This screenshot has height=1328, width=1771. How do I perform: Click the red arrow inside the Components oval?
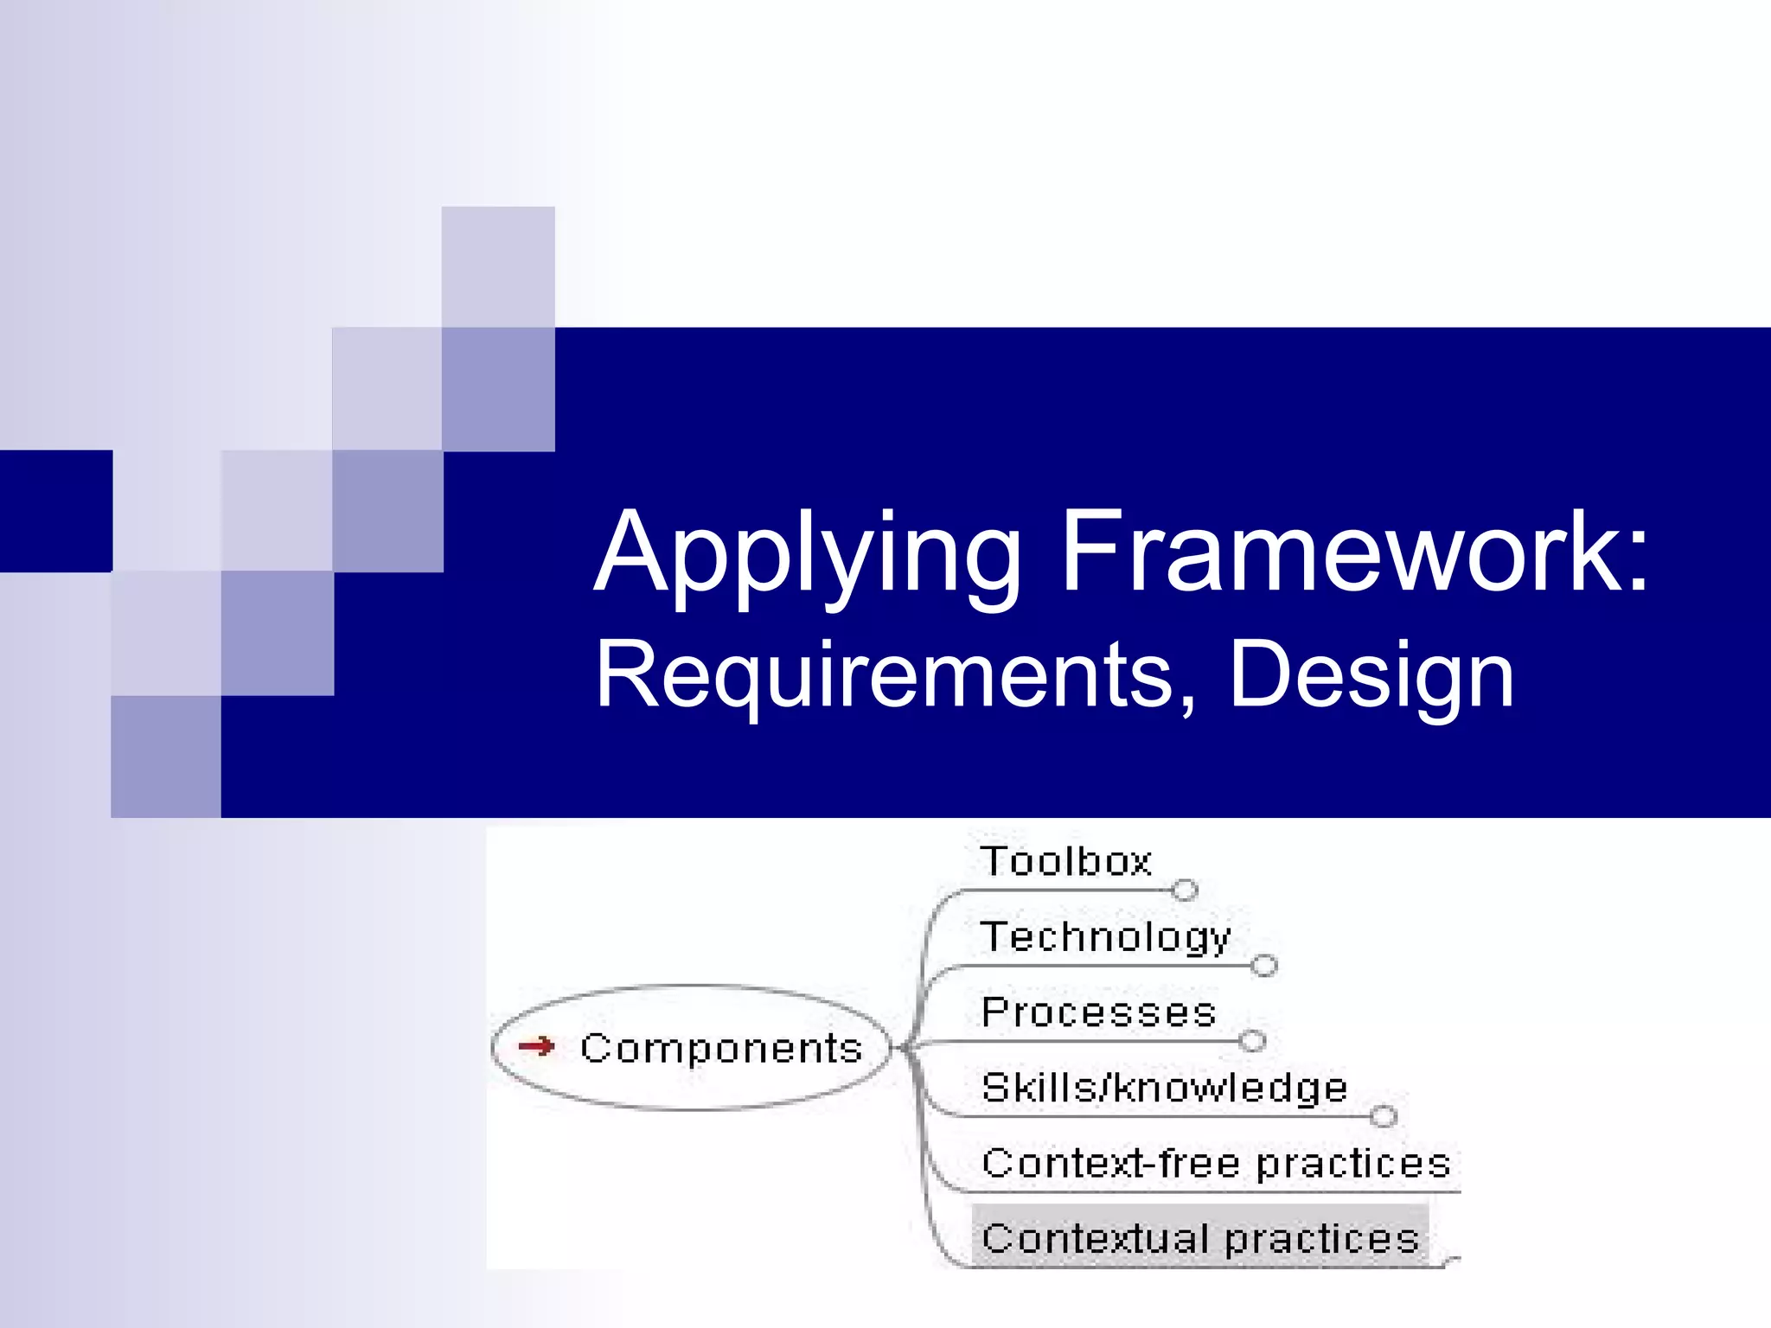tap(536, 1046)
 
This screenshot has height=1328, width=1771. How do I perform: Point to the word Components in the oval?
tap(721, 1048)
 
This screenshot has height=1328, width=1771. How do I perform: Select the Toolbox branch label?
tap(1065, 862)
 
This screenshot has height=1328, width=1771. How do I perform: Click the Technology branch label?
tap(1105, 937)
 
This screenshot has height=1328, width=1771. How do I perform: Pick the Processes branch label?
tap(1098, 1012)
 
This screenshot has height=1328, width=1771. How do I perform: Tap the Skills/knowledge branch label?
tap(1164, 1088)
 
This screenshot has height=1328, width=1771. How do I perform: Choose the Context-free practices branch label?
tap(1216, 1164)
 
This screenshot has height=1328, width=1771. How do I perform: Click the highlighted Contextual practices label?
tap(1200, 1238)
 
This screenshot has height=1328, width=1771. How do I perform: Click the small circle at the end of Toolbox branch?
tap(1185, 890)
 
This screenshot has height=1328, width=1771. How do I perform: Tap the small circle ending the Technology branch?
tap(1263, 965)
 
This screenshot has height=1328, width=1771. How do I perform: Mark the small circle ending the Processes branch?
tap(1252, 1040)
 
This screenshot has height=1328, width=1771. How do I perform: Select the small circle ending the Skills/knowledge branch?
tap(1383, 1116)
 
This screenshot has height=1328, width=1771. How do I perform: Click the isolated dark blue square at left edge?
tap(55, 510)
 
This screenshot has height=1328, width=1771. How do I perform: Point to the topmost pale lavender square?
tap(498, 266)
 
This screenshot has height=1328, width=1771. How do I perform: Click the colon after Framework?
tap(1637, 562)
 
